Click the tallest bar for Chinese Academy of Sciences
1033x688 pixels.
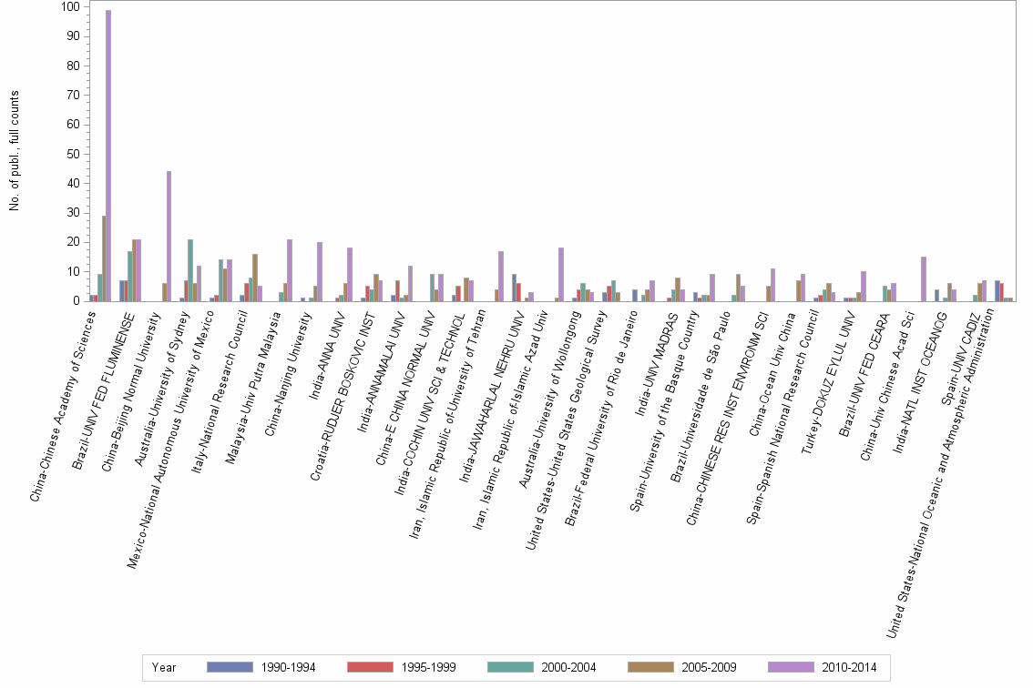coord(108,155)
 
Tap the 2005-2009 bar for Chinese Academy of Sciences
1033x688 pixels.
coord(104,258)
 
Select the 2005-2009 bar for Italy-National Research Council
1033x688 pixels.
coord(255,278)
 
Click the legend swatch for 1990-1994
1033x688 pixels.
coord(230,667)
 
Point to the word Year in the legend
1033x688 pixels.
coord(164,667)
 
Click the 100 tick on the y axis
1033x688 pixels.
coord(68,7)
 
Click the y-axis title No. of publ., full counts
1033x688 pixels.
coord(15,151)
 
